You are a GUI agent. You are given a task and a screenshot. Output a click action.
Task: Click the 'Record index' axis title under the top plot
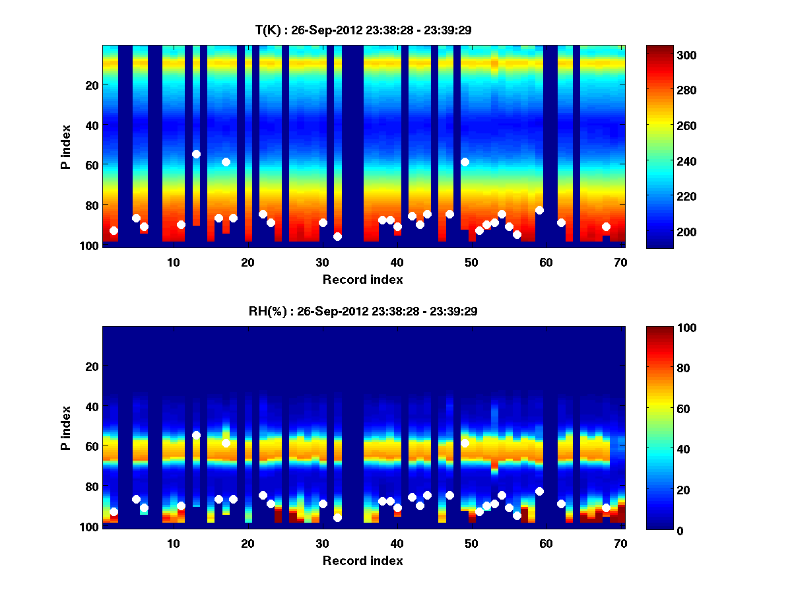(363, 279)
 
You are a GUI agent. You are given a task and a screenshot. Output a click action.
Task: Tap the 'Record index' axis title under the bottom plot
(363, 560)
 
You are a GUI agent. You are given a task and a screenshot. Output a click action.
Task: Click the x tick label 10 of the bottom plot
(173, 543)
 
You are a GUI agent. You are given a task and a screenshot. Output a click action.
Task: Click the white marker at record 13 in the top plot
(196, 154)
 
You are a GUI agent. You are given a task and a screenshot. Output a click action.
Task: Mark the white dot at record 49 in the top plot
(465, 162)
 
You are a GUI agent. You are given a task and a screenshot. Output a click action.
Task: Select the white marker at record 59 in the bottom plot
(539, 491)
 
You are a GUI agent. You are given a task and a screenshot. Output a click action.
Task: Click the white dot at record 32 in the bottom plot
(337, 517)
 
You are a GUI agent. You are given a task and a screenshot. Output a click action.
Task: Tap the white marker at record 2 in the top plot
(114, 230)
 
